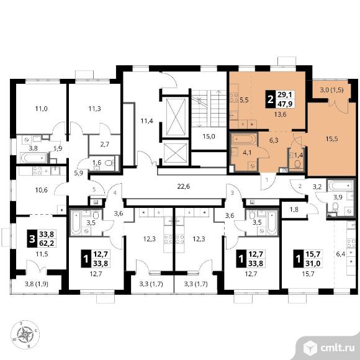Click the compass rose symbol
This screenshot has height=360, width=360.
pos(25,335)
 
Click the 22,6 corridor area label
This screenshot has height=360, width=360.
pos(184,186)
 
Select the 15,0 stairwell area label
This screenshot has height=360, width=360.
pos(209,137)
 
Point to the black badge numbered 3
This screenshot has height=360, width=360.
pos(32,239)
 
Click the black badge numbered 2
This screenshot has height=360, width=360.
pos(271,99)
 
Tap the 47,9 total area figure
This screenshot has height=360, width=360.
pos(285,104)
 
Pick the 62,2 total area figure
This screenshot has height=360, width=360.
pos(47,243)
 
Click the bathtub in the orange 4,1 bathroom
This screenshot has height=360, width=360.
pos(243,140)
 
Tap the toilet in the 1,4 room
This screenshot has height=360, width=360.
pos(297,164)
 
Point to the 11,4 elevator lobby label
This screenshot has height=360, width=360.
pos(147,120)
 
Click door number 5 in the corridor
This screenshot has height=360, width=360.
pos(94,190)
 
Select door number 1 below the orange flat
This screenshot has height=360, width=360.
pos(267,180)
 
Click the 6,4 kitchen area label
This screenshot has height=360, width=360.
pos(341,254)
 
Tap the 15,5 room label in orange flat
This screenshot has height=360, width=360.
pos(331,139)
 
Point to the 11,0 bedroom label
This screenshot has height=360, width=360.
pos(42,109)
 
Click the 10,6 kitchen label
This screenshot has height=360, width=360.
pos(42,190)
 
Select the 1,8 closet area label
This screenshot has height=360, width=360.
pos(294,209)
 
